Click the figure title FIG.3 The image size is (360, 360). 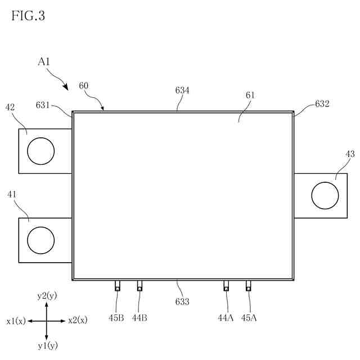(x=28, y=16)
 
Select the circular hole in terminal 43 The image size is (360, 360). (x=325, y=195)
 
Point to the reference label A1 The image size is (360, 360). (x=44, y=62)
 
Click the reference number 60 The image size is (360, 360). (x=83, y=85)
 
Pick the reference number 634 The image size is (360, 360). (x=182, y=90)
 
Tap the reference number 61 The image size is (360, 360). (x=250, y=95)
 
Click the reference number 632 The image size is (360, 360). (x=322, y=104)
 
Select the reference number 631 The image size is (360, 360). (x=43, y=105)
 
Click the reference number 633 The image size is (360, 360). (x=182, y=302)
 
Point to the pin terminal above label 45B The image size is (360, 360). (x=118, y=286)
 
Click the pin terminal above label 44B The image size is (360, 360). (x=139, y=286)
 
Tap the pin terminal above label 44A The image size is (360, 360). (x=226, y=286)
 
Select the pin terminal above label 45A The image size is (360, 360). (x=248, y=286)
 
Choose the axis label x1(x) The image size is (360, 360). (x=16, y=321)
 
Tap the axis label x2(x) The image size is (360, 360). (x=78, y=321)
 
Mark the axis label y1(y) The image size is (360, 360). (x=47, y=345)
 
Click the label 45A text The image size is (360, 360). (x=249, y=318)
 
